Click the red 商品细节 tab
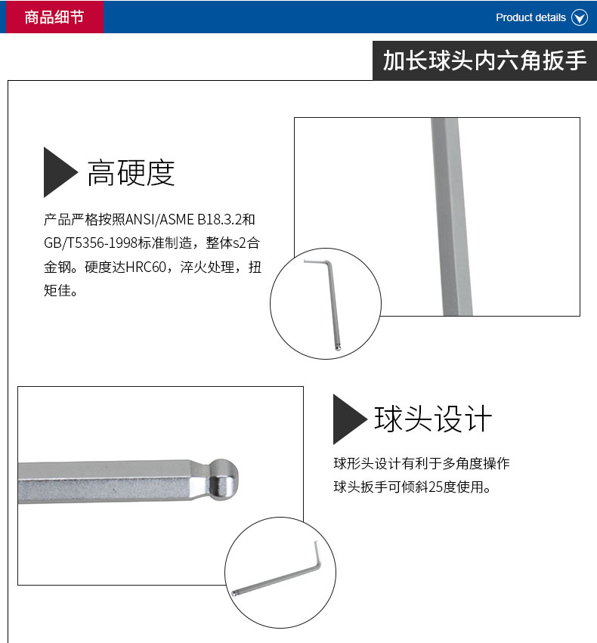pyautogui.click(x=54, y=17)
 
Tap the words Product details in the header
pyautogui.click(x=530, y=17)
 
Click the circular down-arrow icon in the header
pyautogui.click(x=580, y=17)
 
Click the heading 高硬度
pyautogui.click(x=131, y=172)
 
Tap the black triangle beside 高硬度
pyautogui.click(x=59, y=172)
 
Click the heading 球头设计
pyautogui.click(x=433, y=419)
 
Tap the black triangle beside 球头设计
pyautogui.click(x=348, y=419)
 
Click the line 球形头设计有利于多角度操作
pyautogui.click(x=422, y=463)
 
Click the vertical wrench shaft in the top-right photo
pyautogui.click(x=445, y=219)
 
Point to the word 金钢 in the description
pyautogui.click(x=57, y=267)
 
